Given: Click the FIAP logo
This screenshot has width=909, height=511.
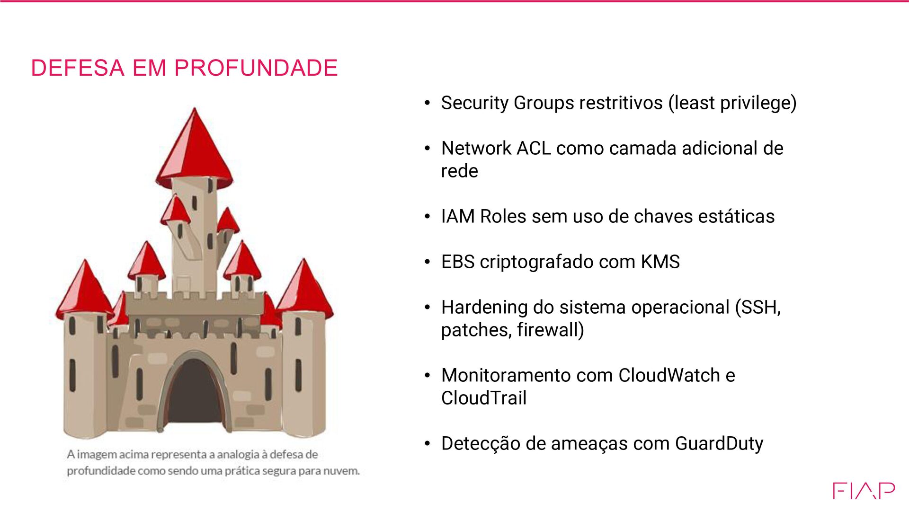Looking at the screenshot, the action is [x=864, y=491].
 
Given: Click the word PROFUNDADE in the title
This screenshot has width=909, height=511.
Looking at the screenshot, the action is [x=256, y=68].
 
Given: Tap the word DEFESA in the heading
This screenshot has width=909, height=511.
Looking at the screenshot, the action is [x=78, y=68].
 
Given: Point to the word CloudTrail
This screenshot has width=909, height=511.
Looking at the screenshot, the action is [x=483, y=398].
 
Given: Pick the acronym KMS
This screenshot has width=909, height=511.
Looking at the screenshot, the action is [x=660, y=262].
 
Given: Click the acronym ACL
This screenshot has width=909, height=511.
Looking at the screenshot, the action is [x=534, y=148].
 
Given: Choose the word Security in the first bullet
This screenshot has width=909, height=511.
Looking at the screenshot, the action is [x=474, y=103].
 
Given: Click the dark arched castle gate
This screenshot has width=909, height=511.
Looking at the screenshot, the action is [x=194, y=393].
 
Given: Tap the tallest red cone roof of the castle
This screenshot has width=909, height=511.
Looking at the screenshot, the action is [x=194, y=147].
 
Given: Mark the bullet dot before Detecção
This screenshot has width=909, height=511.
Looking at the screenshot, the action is [x=428, y=444].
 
